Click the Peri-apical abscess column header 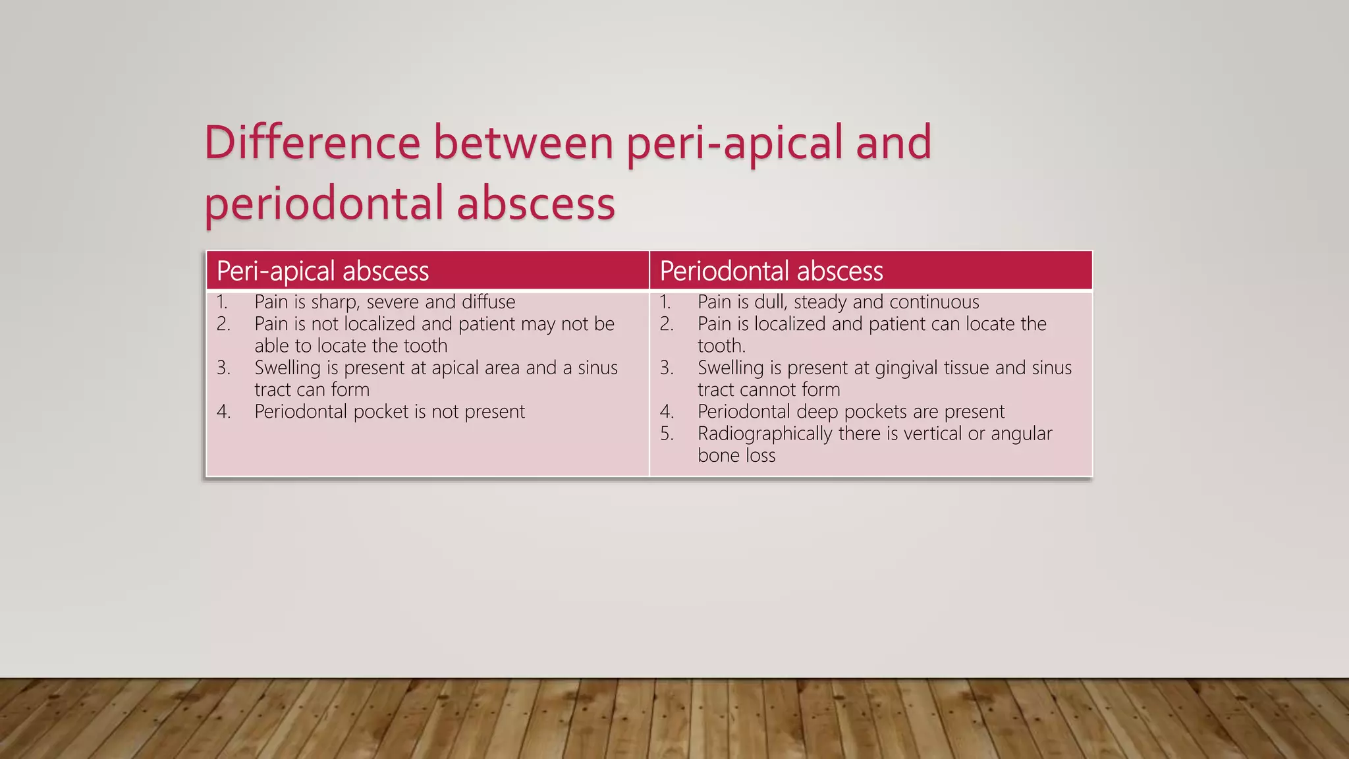coord(323,271)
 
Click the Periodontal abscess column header coord(771,271)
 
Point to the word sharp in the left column coord(335,302)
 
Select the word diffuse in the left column coord(488,302)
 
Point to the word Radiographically coord(765,434)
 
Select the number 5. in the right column coord(667,434)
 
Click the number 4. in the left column coord(224,412)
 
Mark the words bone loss coord(736,455)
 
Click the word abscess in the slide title coord(536,204)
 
